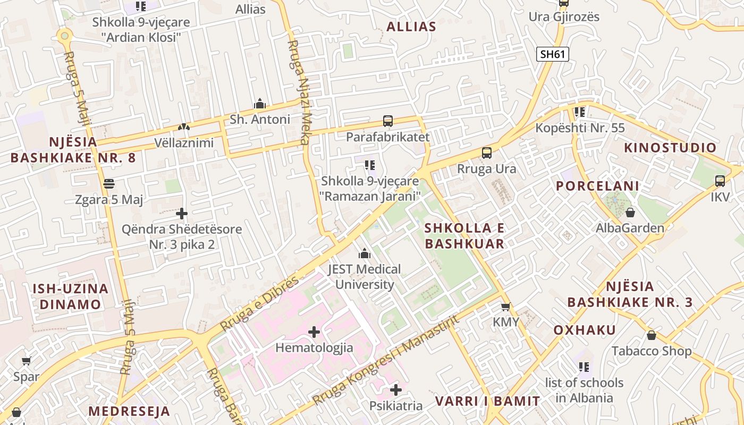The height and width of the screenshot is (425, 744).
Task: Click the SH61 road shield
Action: tap(553, 54)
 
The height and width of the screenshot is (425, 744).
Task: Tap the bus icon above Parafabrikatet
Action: tap(388, 121)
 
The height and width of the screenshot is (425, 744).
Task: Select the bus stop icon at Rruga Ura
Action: tap(487, 153)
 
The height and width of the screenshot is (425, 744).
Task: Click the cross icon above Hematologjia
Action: tap(314, 332)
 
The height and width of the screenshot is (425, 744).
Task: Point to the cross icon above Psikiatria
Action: tap(396, 390)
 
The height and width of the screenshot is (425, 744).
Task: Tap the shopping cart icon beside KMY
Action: tap(505, 307)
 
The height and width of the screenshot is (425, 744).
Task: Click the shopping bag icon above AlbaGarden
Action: tap(630, 212)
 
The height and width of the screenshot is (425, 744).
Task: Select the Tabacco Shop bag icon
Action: tap(652, 335)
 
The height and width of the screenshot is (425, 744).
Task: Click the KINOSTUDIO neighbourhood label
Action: tap(670, 148)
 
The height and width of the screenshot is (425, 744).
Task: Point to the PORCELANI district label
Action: tap(597, 186)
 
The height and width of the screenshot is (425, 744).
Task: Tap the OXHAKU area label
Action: tap(585, 330)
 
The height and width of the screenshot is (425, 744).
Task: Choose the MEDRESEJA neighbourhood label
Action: tap(129, 411)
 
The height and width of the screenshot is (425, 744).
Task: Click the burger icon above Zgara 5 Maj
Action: tap(109, 184)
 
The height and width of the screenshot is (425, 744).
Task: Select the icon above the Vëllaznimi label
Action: tap(183, 127)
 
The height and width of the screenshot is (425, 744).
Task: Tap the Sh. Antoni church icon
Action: tap(260, 103)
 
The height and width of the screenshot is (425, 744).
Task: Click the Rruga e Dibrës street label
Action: tap(259, 304)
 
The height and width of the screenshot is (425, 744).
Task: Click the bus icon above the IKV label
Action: tap(720, 181)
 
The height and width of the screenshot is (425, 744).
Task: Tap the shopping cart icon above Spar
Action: tap(26, 361)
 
